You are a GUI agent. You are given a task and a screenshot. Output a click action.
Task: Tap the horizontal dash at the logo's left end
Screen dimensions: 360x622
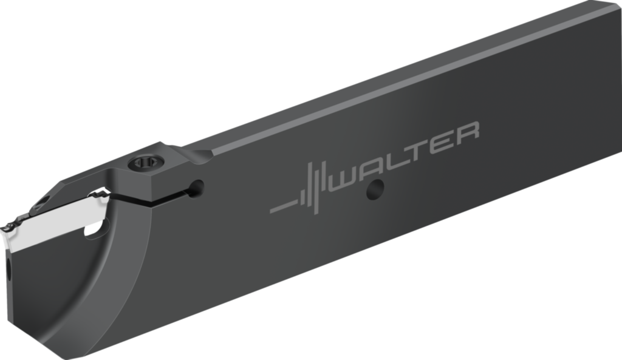[283, 206]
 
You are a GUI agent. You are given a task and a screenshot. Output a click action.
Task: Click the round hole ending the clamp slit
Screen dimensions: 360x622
[196, 189]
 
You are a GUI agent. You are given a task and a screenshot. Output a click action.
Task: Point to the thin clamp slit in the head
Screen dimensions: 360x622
[152, 198]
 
